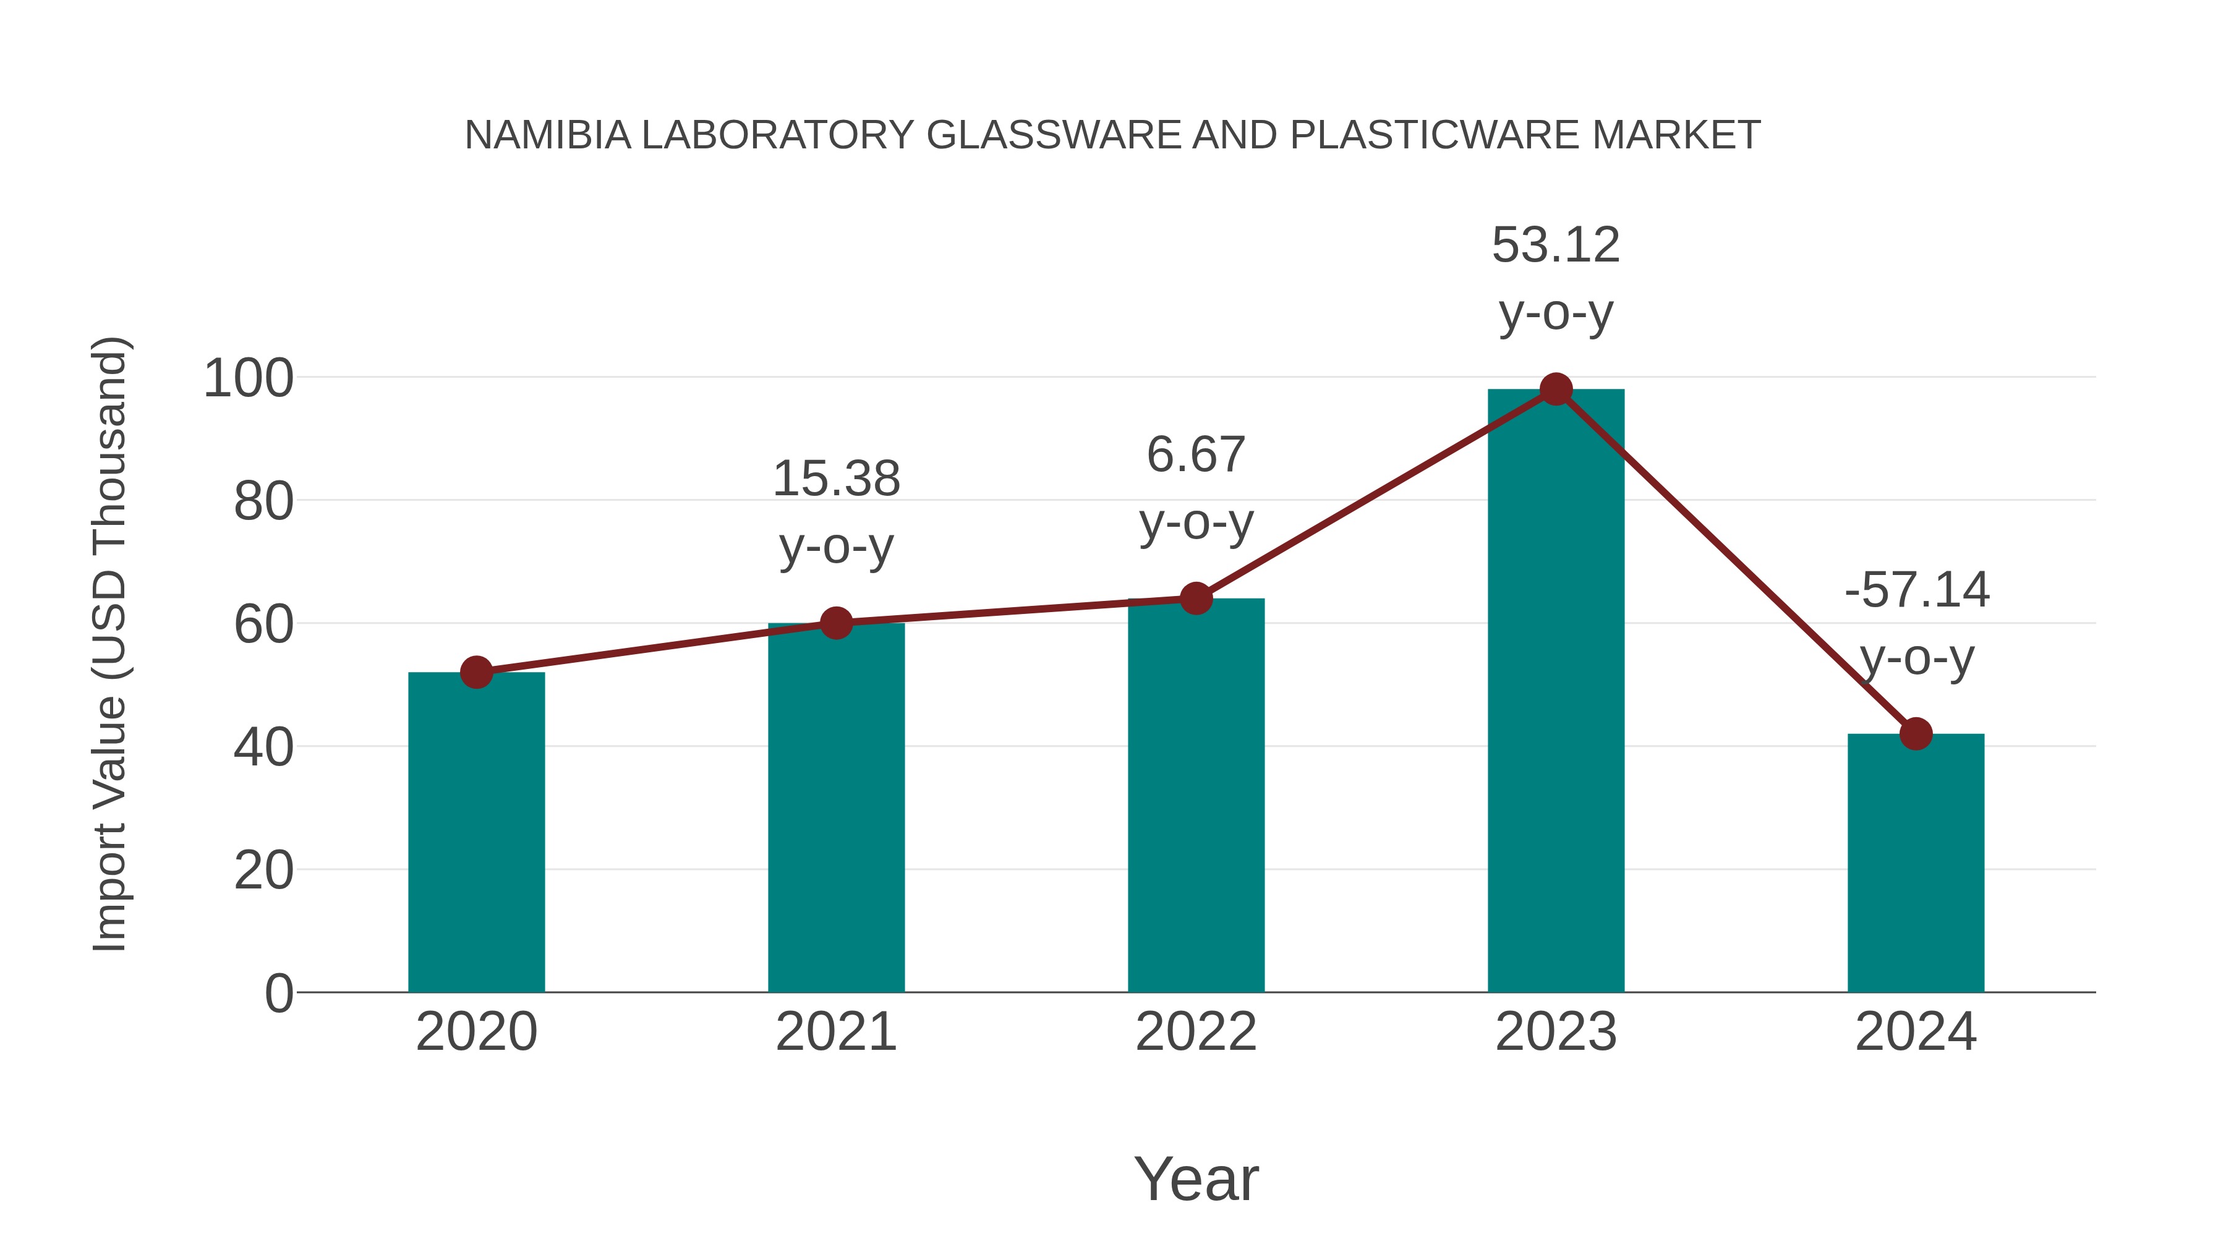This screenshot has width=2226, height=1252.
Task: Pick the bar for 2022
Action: [1196, 795]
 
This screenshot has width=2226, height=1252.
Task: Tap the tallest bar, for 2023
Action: [1556, 691]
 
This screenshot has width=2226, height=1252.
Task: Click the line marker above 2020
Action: [476, 672]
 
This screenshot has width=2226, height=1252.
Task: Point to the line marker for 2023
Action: [1556, 390]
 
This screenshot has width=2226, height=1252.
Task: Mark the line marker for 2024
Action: [1916, 733]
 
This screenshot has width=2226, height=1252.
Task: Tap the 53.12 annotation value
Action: [1556, 245]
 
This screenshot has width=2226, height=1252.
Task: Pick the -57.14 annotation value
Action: [1916, 590]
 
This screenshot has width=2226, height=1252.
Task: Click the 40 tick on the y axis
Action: [263, 747]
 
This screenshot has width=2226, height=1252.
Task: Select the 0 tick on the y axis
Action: [278, 994]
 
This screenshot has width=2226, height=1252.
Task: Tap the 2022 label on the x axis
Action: [1196, 1032]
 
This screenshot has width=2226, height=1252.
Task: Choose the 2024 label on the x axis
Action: [1916, 1032]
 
